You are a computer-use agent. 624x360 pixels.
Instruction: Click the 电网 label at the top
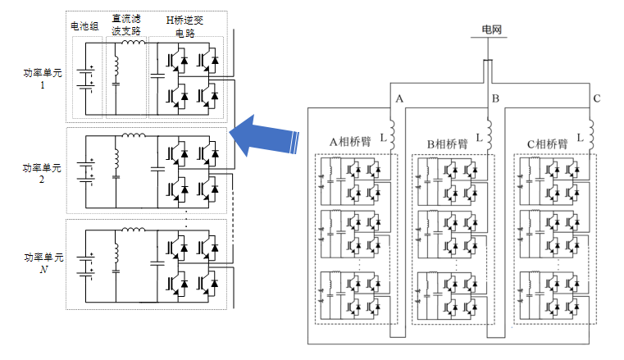(x=491, y=30)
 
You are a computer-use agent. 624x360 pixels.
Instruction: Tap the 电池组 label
(x=84, y=26)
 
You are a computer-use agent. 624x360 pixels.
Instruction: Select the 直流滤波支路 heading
(x=126, y=25)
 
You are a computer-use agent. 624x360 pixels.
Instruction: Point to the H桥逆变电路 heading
(x=184, y=26)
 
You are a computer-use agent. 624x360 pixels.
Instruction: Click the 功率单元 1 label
(x=43, y=79)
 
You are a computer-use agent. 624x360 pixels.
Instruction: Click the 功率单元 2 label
(x=42, y=173)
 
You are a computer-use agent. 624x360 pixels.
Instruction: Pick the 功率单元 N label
(x=43, y=263)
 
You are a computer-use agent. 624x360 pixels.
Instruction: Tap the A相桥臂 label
(x=350, y=142)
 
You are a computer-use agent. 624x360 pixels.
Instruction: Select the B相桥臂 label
(x=448, y=144)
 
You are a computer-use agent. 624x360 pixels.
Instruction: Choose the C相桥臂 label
(x=548, y=144)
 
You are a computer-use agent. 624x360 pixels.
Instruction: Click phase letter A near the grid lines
(x=399, y=98)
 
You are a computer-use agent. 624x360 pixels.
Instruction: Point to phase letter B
(x=495, y=98)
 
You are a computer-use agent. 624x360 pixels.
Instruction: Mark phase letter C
(x=597, y=98)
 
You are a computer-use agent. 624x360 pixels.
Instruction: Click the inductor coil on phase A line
(x=392, y=135)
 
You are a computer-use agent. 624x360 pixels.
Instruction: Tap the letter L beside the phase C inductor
(x=581, y=138)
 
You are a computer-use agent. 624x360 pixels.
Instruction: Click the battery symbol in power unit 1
(x=86, y=79)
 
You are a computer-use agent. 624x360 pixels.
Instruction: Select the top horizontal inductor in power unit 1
(x=134, y=42)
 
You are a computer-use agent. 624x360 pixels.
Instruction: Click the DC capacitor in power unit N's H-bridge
(x=157, y=263)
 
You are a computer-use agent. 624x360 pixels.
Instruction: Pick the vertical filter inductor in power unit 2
(x=116, y=158)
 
